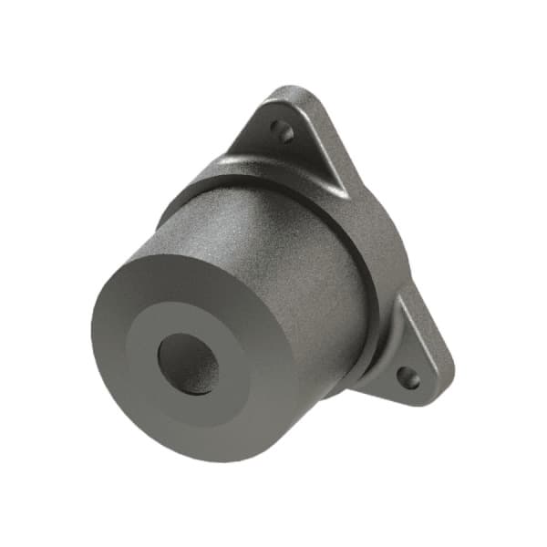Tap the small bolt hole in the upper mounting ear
(285, 133)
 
